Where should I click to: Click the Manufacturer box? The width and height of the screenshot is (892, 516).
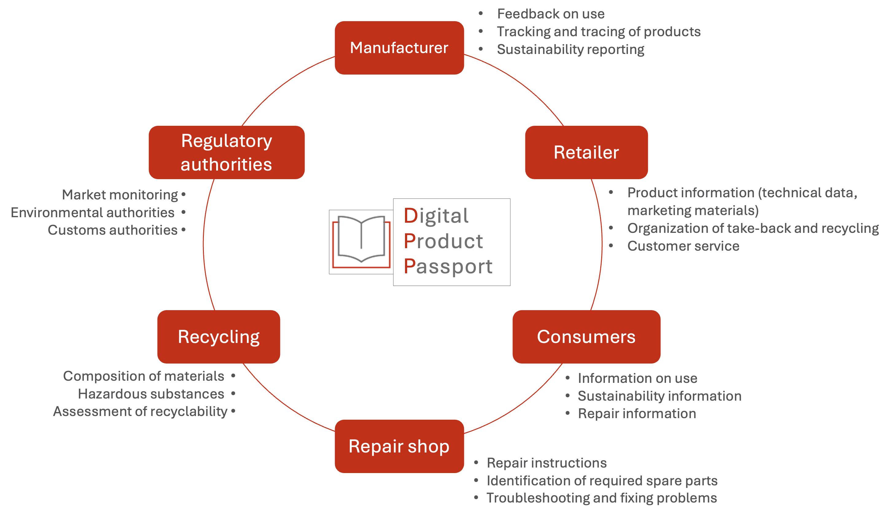point(399,48)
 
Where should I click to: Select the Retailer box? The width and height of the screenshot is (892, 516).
point(586,152)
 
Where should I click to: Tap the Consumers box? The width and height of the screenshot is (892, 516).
point(586,337)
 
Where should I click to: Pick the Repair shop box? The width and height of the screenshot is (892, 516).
point(399,446)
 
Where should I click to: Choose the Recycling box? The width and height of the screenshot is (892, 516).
point(219,337)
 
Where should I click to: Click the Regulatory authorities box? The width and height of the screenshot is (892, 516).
point(227,152)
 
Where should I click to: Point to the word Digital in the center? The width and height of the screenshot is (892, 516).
point(436,216)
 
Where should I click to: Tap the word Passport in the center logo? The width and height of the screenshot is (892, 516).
point(448,266)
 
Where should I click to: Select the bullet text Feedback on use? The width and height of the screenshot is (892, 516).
point(551,14)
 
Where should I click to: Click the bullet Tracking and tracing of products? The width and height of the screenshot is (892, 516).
point(598,32)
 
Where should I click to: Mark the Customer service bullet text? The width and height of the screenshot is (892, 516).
point(683,246)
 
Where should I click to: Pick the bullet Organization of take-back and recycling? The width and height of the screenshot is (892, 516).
point(753,229)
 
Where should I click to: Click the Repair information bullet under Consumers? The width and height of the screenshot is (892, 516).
point(637,414)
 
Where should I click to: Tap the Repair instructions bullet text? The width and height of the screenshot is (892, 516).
point(547,463)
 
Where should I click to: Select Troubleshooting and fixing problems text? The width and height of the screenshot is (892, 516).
point(602,498)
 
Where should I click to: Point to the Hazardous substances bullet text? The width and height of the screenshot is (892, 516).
point(151,394)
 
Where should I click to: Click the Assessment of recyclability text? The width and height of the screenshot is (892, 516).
point(140,412)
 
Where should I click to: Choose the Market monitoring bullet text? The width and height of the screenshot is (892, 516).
point(120,195)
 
